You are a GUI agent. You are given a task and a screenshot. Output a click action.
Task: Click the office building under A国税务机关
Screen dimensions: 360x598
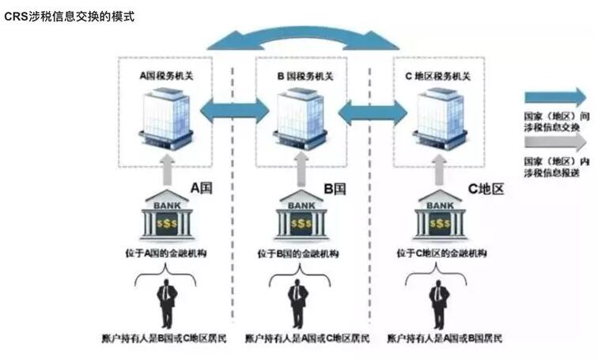pos(168,119)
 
